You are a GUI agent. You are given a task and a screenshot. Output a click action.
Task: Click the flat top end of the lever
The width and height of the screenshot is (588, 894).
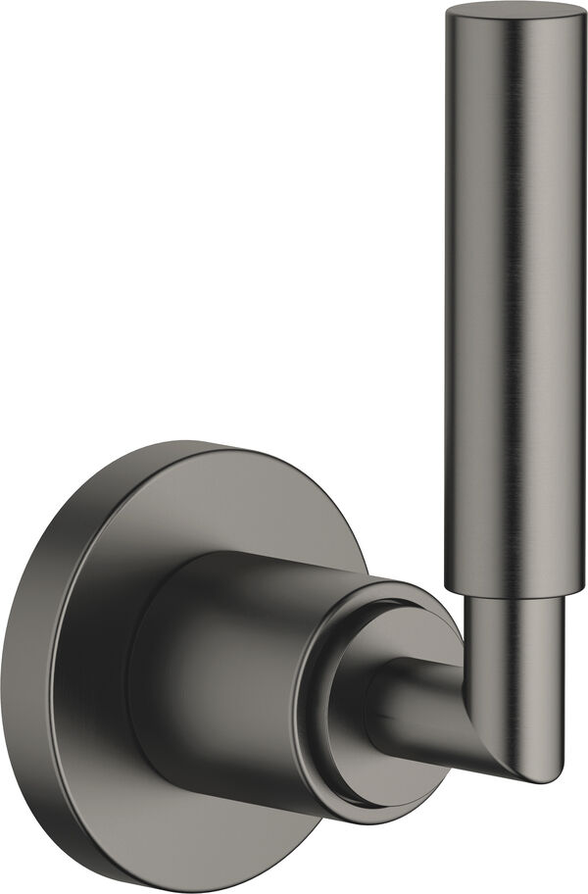pos(515,13)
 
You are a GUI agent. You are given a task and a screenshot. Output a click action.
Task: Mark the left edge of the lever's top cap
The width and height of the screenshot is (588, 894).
pos(450,16)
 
